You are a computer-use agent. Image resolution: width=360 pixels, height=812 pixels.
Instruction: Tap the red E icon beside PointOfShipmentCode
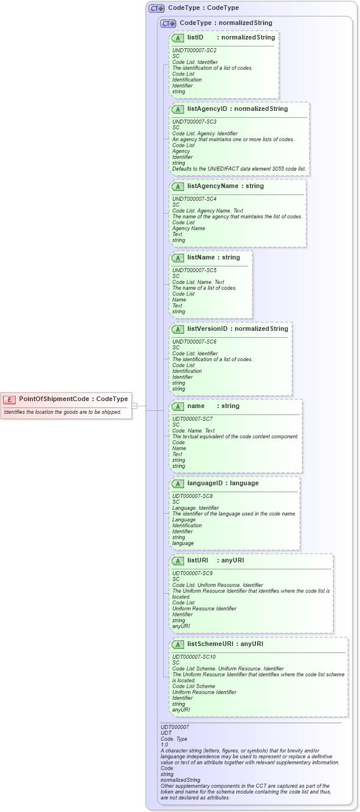tap(10, 399)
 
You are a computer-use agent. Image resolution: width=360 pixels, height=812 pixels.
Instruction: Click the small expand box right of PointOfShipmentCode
tap(134, 406)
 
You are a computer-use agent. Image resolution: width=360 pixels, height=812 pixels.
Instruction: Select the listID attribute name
tap(195, 38)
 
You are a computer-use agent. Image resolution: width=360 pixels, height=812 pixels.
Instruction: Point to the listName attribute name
tap(201, 257)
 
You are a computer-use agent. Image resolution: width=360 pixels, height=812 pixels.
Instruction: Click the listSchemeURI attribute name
tap(212, 644)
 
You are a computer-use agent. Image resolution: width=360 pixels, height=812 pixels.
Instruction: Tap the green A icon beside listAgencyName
tap(178, 187)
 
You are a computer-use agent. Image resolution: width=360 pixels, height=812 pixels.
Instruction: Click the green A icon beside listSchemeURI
tap(178, 644)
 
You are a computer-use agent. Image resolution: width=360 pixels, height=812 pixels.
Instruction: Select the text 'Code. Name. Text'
tap(193, 431)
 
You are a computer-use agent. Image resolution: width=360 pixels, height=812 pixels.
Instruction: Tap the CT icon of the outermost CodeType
tap(157, 9)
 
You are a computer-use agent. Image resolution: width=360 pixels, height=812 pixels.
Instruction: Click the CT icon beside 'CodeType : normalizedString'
tap(168, 24)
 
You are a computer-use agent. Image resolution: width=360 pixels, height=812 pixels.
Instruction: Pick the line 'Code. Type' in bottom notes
tap(174, 739)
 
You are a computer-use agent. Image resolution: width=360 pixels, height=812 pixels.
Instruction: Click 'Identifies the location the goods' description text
tap(63, 412)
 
